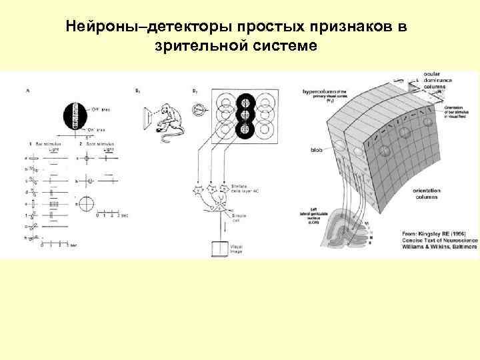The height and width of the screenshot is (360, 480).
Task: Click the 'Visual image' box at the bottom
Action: [x=217, y=248]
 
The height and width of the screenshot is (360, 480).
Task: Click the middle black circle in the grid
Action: [x=245, y=115]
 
